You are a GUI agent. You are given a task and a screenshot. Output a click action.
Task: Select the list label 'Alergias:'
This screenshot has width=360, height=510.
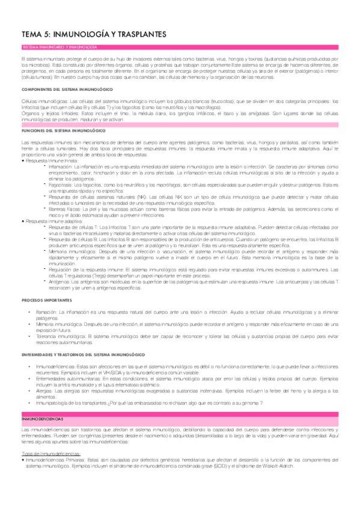tap(47, 390)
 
